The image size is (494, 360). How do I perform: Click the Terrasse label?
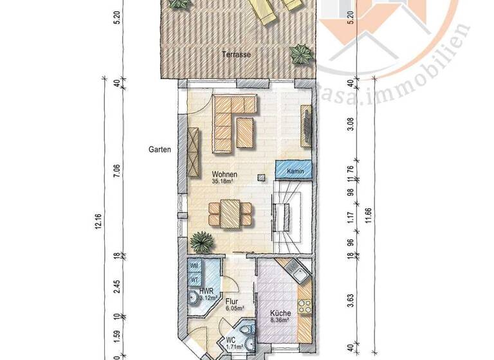[236, 55]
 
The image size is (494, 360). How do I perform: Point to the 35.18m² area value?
[222, 182]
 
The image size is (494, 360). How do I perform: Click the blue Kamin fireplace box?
[295, 171]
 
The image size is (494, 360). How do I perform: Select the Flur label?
[232, 300]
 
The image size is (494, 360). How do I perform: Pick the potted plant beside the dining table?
[202, 243]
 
